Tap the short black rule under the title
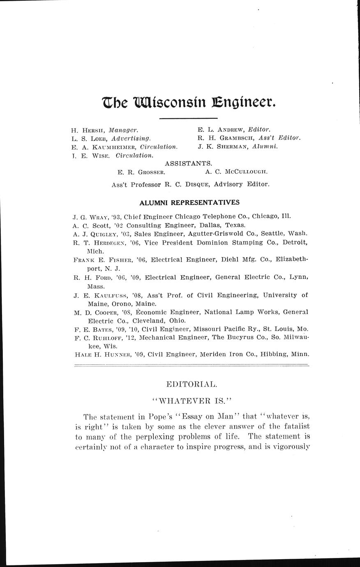pos(182,119)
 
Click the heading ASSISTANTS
pos(188,164)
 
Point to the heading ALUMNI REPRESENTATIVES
pos(189,203)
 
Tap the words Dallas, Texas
pos(227,225)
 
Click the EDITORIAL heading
pos(191,385)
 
